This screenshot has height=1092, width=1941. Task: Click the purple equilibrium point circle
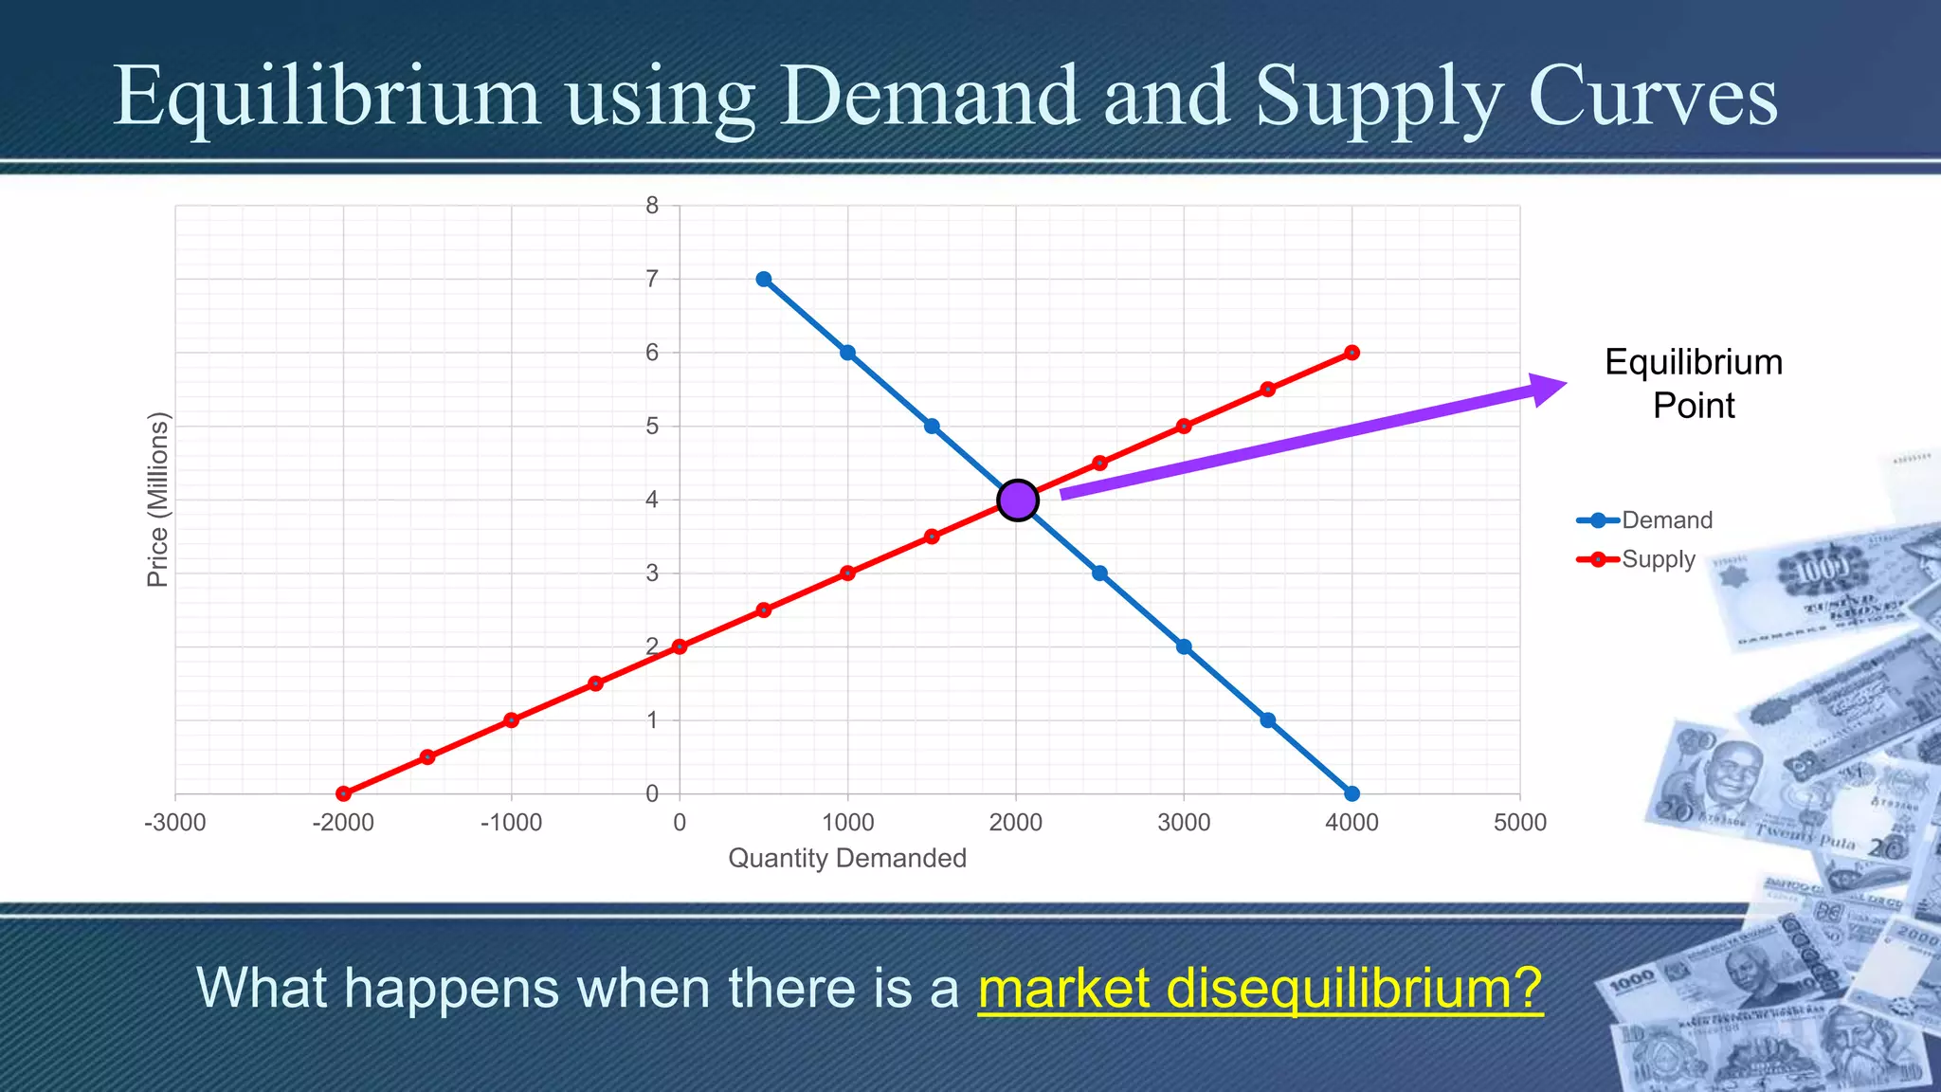pyautogui.click(x=1018, y=500)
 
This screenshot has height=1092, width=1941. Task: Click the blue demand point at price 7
pyautogui.click(x=764, y=279)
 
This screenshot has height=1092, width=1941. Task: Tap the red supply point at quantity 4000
pyautogui.click(x=1352, y=353)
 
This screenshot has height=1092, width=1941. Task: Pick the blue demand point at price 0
pyautogui.click(x=1352, y=793)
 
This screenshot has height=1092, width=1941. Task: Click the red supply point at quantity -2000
pyautogui.click(x=343, y=793)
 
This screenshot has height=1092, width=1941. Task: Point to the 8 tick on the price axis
pyautogui.click(x=652, y=206)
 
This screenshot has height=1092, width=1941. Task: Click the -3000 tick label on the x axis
pyautogui.click(x=174, y=823)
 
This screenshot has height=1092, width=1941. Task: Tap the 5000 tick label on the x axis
pyautogui.click(x=1520, y=823)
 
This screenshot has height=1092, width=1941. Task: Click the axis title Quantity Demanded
pyautogui.click(x=847, y=858)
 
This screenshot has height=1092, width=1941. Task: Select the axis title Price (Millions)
pyautogui.click(x=157, y=500)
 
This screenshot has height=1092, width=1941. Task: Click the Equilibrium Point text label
pyautogui.click(x=1694, y=384)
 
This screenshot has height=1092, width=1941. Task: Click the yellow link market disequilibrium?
pyautogui.click(x=1260, y=988)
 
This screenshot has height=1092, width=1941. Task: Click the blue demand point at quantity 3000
pyautogui.click(x=1184, y=646)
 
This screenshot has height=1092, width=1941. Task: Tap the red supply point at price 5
pyautogui.click(x=1184, y=426)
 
